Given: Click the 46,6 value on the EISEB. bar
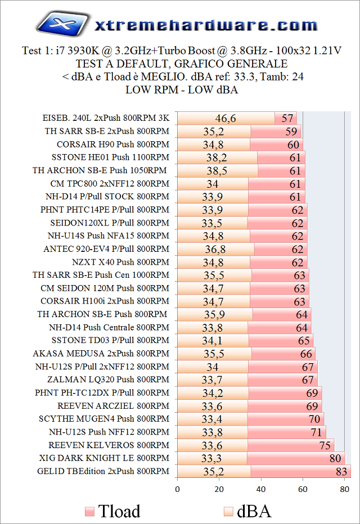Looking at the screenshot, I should (x=226, y=118).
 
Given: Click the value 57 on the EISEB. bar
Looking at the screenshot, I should (x=288, y=118).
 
